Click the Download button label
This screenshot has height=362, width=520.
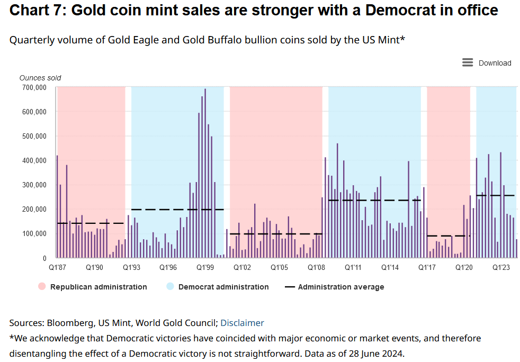coord(495,63)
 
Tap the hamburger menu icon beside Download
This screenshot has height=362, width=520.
coord(468,62)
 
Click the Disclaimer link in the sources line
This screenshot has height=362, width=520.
coord(242,323)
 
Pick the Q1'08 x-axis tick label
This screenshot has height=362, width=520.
coord(316,268)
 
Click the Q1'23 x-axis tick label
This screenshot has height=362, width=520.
coord(501,268)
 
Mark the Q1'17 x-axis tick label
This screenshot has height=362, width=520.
coord(427,268)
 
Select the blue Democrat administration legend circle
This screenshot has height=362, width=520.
coord(170,287)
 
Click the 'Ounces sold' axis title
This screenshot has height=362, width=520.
coord(40,78)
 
